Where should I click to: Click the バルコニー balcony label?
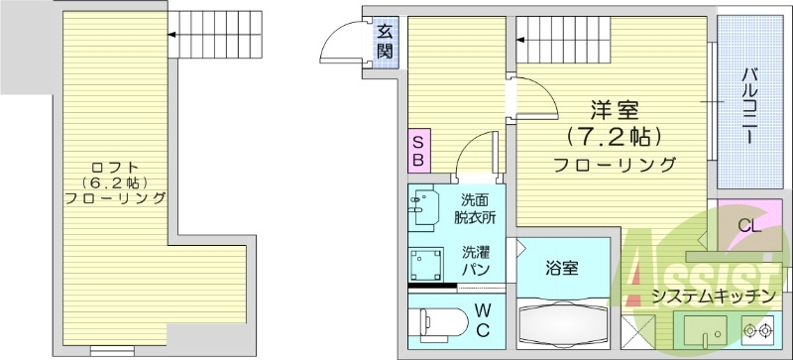[x=750, y=104]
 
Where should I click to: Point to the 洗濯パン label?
[x=477, y=261]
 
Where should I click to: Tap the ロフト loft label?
[x=115, y=166]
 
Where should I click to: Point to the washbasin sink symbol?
[x=425, y=207]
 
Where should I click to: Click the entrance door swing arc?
[x=339, y=44]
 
